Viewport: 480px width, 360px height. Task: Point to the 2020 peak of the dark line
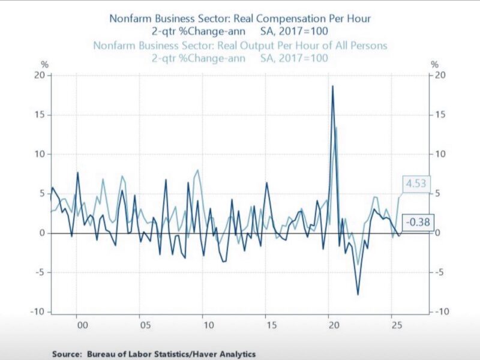(x=332, y=86)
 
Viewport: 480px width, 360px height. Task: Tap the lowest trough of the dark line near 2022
(x=358, y=294)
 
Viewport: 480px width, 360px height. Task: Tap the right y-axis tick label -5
(x=442, y=272)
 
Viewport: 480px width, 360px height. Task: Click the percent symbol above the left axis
(x=44, y=64)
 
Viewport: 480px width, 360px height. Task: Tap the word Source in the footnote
(x=68, y=354)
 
